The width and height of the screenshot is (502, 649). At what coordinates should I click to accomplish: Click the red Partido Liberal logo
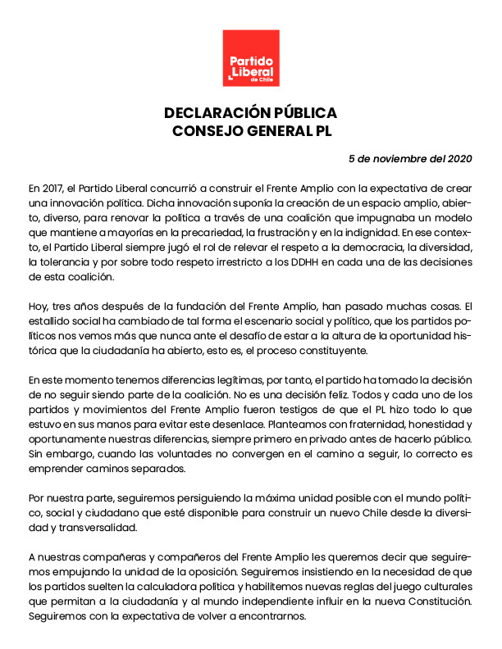[x=251, y=58]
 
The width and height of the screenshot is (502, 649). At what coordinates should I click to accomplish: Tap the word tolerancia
[x=65, y=261]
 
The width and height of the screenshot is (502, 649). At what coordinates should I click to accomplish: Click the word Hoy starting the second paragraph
[x=38, y=306]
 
